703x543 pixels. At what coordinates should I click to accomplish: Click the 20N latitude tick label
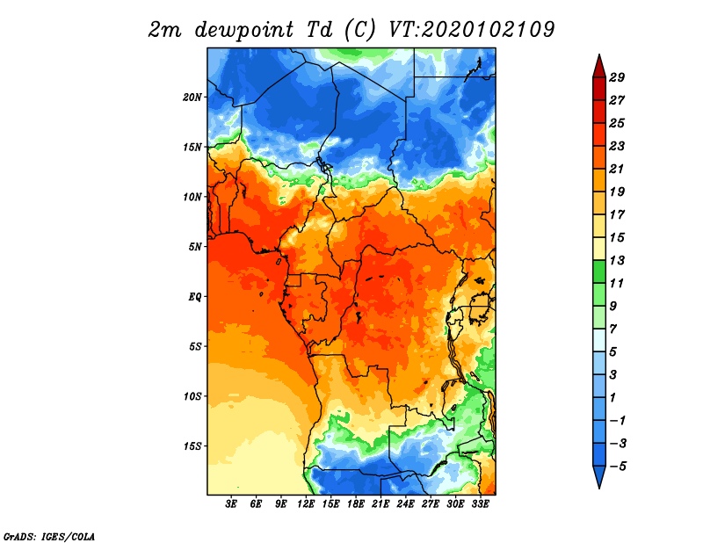[192, 97]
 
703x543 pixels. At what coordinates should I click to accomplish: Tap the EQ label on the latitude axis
[195, 297]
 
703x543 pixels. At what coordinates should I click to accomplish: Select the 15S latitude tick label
[192, 446]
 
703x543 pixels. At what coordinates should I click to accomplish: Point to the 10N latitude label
[192, 197]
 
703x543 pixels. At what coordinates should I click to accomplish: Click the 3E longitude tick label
[231, 503]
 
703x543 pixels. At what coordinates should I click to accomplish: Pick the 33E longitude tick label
[480, 503]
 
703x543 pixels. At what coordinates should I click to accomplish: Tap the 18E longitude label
[356, 503]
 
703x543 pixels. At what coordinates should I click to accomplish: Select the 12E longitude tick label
[306, 503]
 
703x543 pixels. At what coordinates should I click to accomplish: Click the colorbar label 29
[617, 77]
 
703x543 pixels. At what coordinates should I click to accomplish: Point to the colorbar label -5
[618, 467]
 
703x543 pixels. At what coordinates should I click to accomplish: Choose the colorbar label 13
[617, 260]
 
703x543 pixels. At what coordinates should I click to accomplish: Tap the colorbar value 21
[617, 169]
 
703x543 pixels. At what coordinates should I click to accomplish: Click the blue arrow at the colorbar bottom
[599, 476]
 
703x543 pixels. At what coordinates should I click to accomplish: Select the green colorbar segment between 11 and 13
[599, 271]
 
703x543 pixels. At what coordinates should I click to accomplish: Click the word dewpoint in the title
[243, 31]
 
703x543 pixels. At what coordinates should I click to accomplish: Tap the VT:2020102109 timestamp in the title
[472, 30]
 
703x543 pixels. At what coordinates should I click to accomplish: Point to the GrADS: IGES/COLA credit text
[49, 536]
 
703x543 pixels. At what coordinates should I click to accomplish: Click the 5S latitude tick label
[195, 346]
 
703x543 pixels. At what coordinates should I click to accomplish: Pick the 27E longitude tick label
[431, 503]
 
